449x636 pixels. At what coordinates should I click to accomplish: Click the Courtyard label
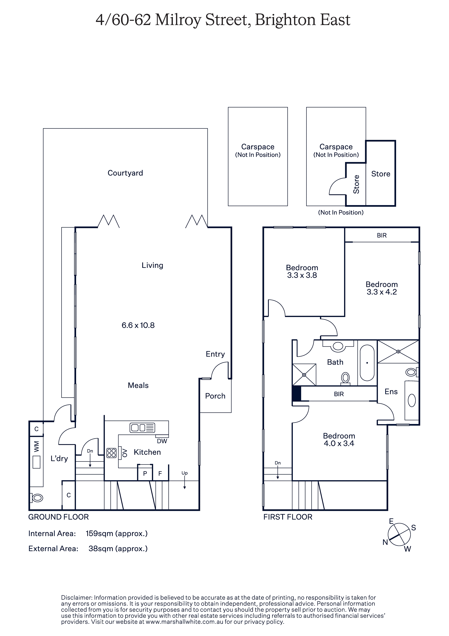(x=125, y=173)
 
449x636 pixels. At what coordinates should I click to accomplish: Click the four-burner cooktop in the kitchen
(x=112, y=453)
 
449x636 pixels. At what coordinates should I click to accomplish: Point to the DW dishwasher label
(x=162, y=441)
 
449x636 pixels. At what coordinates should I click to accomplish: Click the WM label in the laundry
(x=36, y=446)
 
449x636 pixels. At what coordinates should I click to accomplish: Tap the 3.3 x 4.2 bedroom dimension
(x=382, y=292)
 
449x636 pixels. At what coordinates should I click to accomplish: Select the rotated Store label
(x=356, y=184)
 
